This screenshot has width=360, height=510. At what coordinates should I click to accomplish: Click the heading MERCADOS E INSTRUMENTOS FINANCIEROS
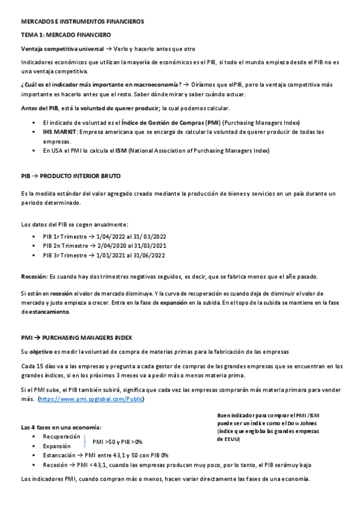click(x=82, y=21)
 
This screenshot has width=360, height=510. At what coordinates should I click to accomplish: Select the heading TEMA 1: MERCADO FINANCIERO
click(x=63, y=35)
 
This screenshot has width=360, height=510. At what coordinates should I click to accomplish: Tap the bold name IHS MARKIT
click(x=59, y=131)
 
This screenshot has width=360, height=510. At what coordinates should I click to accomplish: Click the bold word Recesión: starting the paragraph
click(x=34, y=276)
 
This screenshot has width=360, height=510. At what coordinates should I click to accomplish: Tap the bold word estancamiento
click(x=46, y=312)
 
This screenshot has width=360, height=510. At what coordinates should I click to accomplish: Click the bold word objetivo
click(x=41, y=351)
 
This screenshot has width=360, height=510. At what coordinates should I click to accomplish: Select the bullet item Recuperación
click(x=61, y=436)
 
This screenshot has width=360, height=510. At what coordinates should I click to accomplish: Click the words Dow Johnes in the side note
click(x=304, y=424)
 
